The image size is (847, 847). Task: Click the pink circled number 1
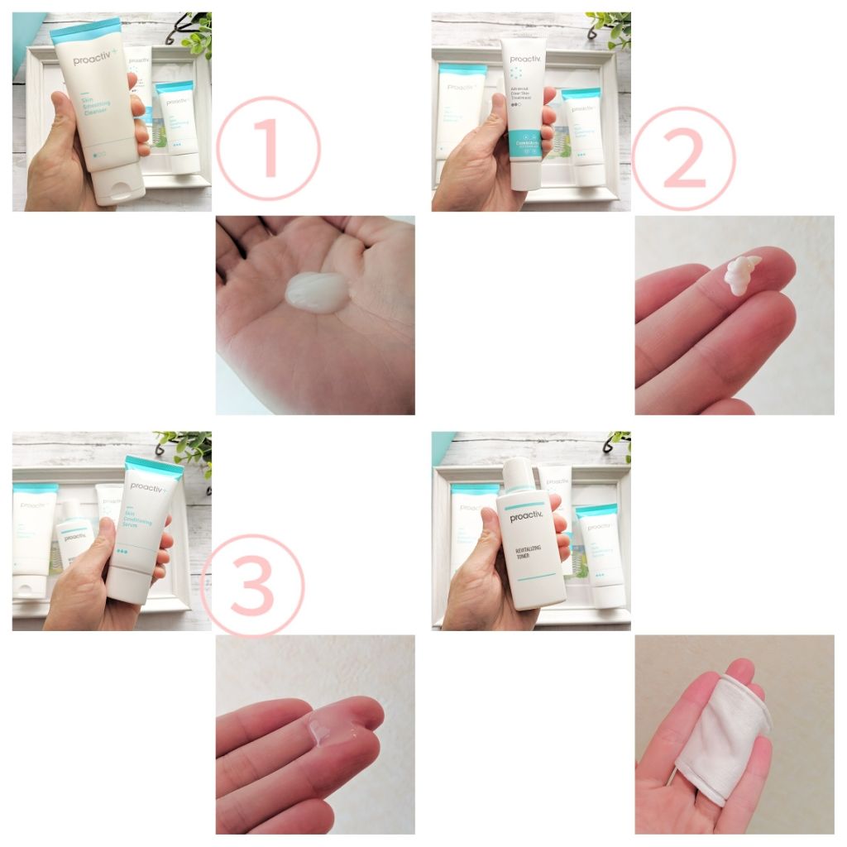(x=268, y=149)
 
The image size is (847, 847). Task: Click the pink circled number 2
(x=683, y=158)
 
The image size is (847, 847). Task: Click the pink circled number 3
(x=252, y=586)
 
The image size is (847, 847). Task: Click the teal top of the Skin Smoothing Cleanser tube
(x=85, y=31)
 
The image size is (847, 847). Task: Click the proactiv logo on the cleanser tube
(x=93, y=60)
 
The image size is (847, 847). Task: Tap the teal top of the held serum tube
(x=153, y=466)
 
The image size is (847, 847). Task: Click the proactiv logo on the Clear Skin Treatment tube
(x=525, y=60)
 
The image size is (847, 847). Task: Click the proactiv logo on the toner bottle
(x=525, y=518)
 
